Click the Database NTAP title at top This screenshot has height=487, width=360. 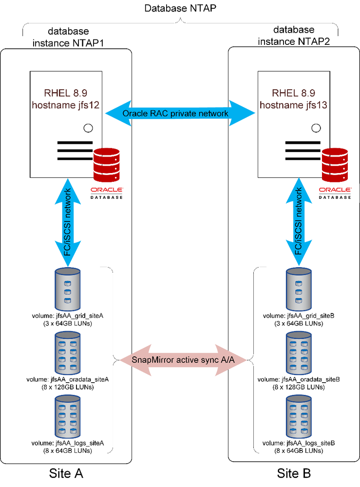[180, 9]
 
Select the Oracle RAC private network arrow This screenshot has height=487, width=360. [180, 114]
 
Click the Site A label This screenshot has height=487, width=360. [67, 473]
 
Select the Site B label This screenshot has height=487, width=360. [294, 473]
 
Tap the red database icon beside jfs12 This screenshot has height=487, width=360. [107, 164]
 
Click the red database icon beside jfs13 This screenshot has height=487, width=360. [335, 164]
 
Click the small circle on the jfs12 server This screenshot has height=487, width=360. [88, 128]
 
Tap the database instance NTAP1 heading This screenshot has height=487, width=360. [69, 37]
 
